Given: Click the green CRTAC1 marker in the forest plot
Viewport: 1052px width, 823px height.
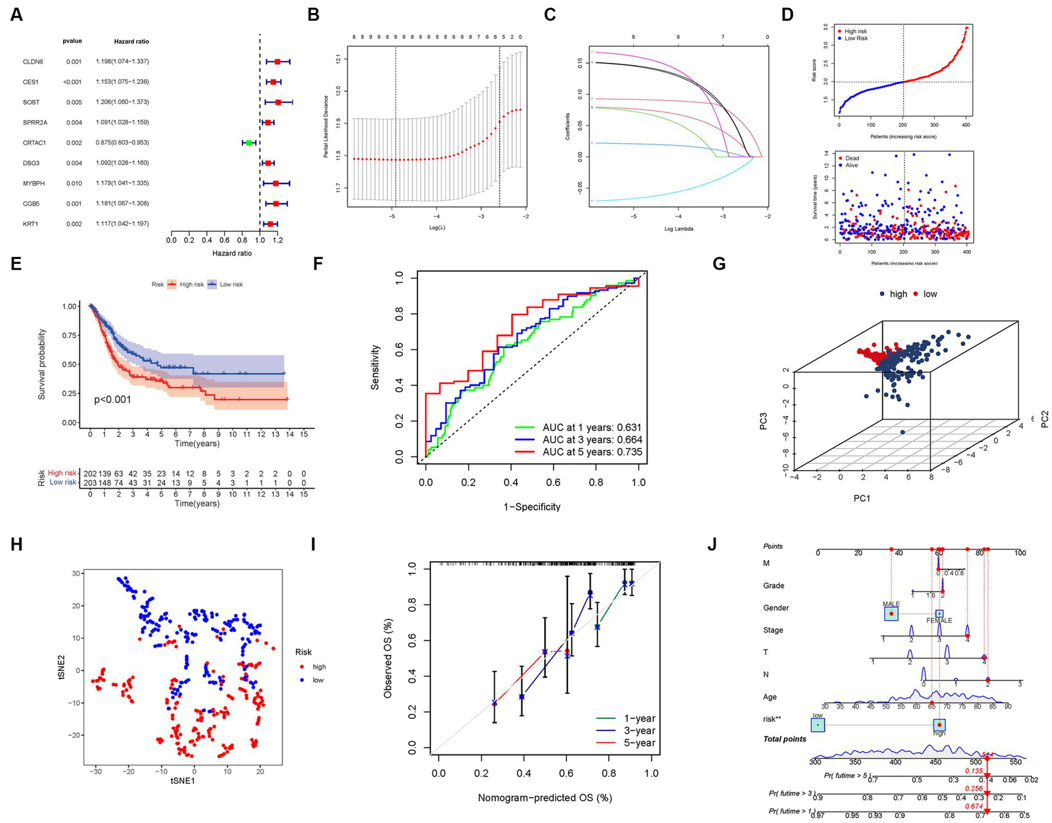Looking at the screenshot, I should [x=249, y=143].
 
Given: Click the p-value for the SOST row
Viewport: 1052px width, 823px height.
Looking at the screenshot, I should [x=74, y=102].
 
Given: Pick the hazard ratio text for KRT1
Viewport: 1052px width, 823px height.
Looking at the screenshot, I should [x=122, y=224].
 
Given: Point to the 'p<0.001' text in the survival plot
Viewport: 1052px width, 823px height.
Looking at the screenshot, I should [x=112, y=400].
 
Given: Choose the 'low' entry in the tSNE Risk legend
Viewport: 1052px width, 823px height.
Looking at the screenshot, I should [x=318, y=680].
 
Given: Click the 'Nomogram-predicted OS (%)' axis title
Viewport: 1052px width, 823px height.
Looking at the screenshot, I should [x=544, y=798].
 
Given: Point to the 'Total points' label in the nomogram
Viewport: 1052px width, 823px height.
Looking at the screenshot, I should [x=785, y=739].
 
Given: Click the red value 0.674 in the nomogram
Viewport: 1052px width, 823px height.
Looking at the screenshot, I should [x=974, y=806].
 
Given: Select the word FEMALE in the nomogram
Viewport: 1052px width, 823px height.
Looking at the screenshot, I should [x=939, y=621].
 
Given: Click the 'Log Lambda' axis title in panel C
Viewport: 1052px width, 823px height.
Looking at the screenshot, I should [x=678, y=228].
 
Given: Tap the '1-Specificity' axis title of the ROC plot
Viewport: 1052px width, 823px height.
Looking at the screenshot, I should [x=532, y=507].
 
